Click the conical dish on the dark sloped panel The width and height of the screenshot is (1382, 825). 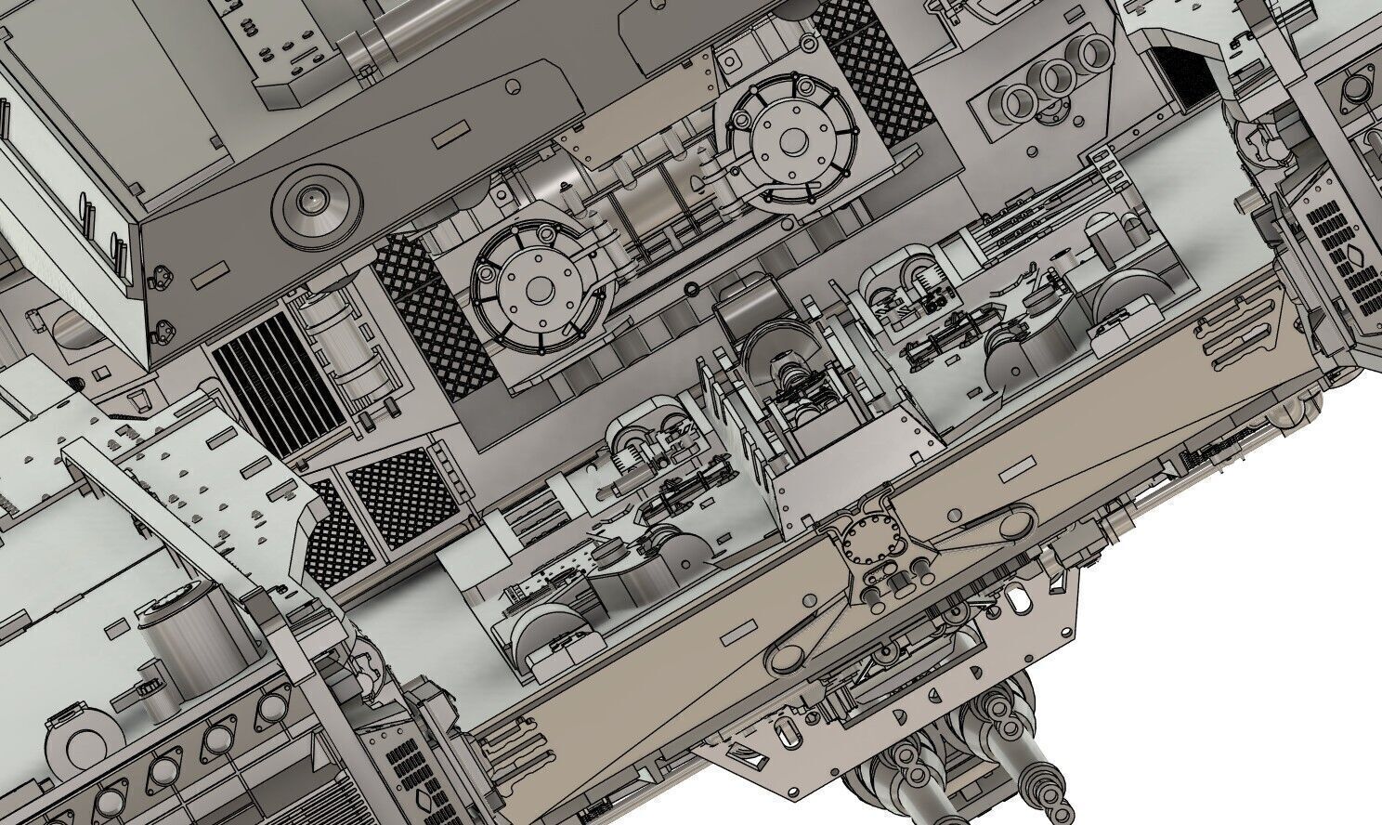click(x=314, y=199)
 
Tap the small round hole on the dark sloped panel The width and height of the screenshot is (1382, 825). click(x=512, y=87)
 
